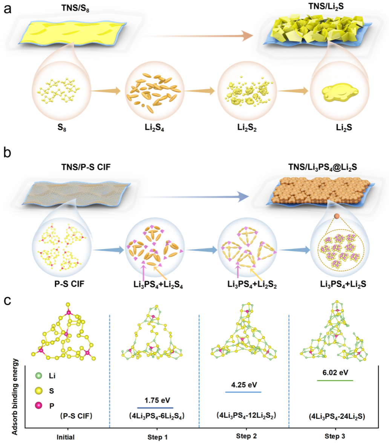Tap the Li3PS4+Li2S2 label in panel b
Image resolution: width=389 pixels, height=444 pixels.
[247, 284]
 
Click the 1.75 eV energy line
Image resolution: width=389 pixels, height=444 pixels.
[155, 407]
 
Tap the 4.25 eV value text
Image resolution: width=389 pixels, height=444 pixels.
[243, 384]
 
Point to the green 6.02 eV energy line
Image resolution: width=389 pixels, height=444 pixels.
[335, 380]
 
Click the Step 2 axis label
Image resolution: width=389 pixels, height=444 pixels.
[244, 437]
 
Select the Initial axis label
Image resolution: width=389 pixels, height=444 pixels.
[65, 437]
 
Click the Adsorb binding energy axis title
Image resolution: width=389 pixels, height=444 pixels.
[15, 396]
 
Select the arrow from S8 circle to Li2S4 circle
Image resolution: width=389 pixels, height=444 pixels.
[105, 91]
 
